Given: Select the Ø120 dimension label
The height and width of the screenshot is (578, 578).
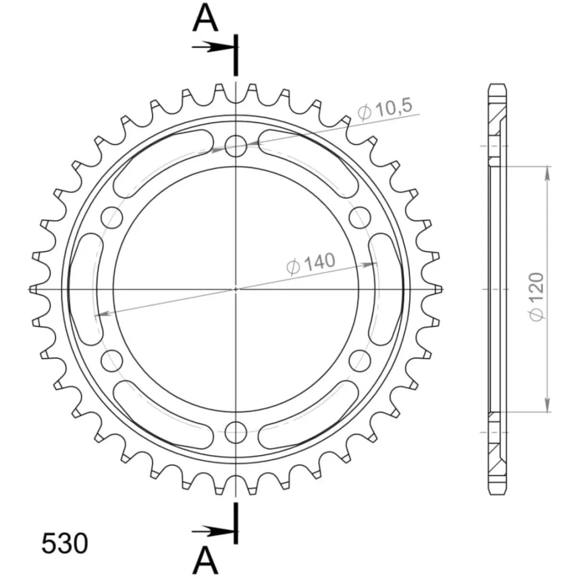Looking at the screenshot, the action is pyautogui.click(x=537, y=297).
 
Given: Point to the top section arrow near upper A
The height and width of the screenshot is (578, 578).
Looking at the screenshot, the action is pyautogui.click(x=213, y=47).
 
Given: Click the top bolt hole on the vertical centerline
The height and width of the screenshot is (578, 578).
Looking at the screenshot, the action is pyautogui.click(x=236, y=146).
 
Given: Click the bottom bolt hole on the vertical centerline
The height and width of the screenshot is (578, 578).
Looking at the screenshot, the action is pyautogui.click(x=236, y=432).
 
